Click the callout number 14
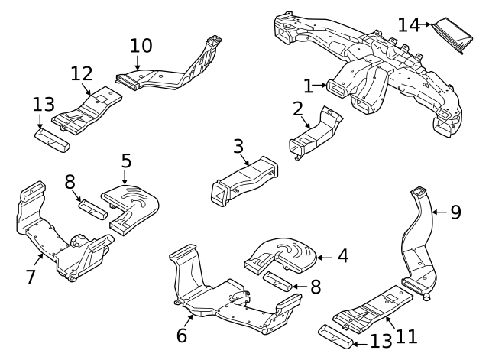point(409,24)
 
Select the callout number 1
point(308,86)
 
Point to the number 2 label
point(298,109)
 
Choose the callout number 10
point(141,45)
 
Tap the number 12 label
point(82,74)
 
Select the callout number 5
point(126,161)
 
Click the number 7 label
point(31,276)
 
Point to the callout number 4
point(343,256)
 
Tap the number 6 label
point(182,335)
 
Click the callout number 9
point(455,212)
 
